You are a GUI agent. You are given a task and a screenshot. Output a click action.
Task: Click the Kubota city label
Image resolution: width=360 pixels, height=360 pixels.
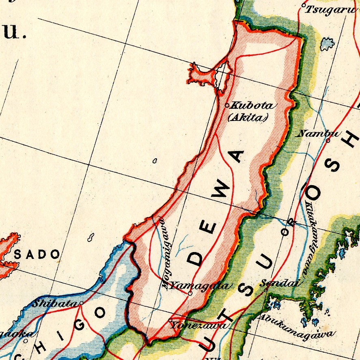[x=252, y=106]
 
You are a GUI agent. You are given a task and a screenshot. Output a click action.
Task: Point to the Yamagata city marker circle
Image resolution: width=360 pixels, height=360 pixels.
[x=190, y=293]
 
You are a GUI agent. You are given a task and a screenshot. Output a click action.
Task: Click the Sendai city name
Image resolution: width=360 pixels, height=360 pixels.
[x=281, y=283]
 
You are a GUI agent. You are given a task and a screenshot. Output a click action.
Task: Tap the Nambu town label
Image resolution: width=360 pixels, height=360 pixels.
[x=313, y=133]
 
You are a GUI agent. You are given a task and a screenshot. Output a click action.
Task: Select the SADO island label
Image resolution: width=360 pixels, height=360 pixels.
[x=37, y=255]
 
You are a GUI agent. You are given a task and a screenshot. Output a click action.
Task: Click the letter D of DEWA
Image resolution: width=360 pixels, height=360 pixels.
[x=196, y=258]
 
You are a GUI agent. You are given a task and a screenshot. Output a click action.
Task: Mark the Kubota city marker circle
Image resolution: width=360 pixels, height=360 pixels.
[x=227, y=105]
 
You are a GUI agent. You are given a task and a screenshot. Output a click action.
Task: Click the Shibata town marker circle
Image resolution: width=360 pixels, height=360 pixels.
[x=81, y=303]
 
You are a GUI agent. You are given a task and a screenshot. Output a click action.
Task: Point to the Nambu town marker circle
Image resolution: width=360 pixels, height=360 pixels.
[x=328, y=141]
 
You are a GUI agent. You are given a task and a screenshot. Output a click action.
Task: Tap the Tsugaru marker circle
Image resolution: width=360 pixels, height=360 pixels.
[x=304, y=6]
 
